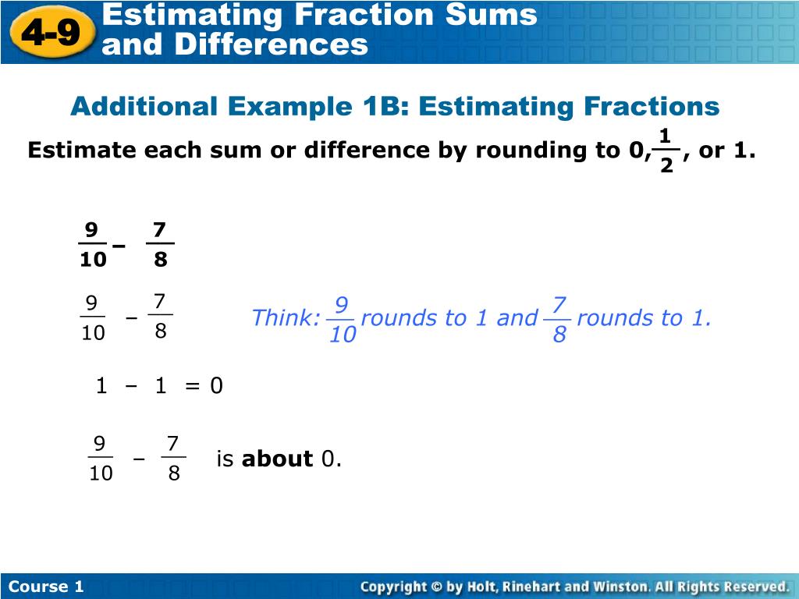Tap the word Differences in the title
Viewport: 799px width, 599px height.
271,44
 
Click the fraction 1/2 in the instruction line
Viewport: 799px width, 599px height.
666,151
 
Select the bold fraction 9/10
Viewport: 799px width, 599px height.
92,245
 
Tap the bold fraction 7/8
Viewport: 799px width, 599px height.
160,245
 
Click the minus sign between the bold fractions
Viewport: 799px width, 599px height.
119,246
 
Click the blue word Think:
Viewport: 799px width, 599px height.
286,318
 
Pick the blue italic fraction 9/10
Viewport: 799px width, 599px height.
342,319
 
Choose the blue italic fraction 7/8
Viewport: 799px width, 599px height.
559,319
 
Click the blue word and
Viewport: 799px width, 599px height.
517,318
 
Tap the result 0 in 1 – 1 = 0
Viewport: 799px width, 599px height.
216,386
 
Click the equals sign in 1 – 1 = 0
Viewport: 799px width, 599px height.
193,386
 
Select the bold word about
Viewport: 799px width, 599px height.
277,459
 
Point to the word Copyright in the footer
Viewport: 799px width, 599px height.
393,587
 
